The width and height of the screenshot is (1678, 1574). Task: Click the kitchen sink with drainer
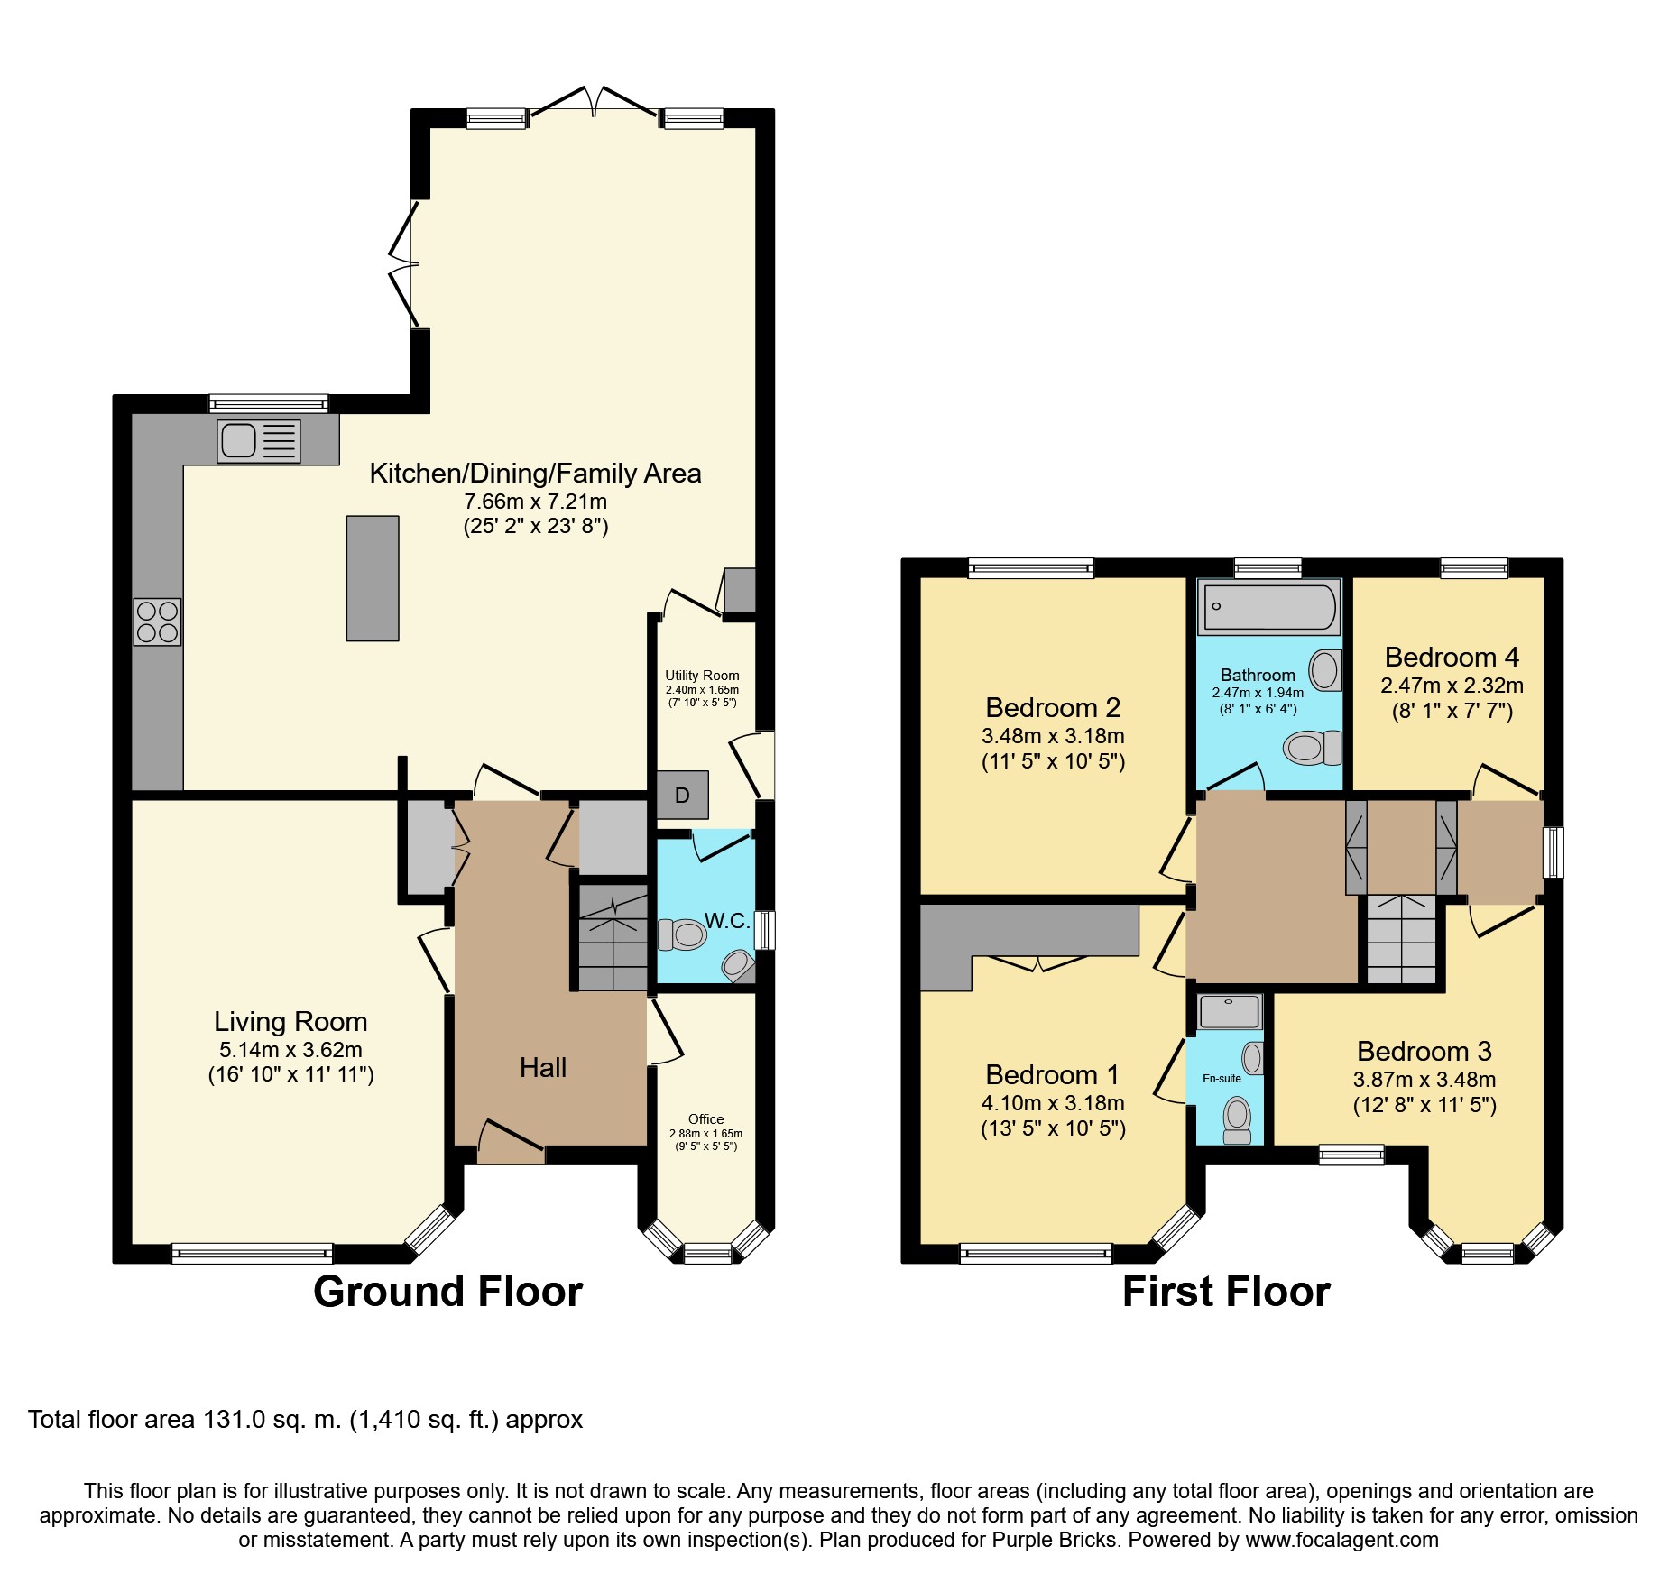259,441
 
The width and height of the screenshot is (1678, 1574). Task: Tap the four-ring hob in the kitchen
157,621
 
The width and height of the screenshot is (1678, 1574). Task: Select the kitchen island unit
373,578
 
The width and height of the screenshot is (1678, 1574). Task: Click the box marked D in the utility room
683,795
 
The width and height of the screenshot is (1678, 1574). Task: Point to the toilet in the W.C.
682,934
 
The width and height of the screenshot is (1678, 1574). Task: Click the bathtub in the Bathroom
1268,606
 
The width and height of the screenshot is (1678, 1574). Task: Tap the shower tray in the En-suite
1229,1012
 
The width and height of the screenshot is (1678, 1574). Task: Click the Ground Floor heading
448,1292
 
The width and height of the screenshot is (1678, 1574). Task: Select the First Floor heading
1226,1292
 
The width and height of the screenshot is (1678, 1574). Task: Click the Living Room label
290,1021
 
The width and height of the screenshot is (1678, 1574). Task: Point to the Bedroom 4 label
1452,657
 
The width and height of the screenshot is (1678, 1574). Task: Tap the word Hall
543,1068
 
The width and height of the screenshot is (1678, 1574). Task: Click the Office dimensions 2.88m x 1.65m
705,1134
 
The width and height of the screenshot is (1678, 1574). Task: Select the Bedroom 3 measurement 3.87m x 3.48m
1424,1080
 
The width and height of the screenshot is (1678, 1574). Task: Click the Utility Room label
702,676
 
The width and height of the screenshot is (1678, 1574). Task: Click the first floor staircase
1401,939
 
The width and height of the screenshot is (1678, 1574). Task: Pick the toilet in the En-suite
1237,1119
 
